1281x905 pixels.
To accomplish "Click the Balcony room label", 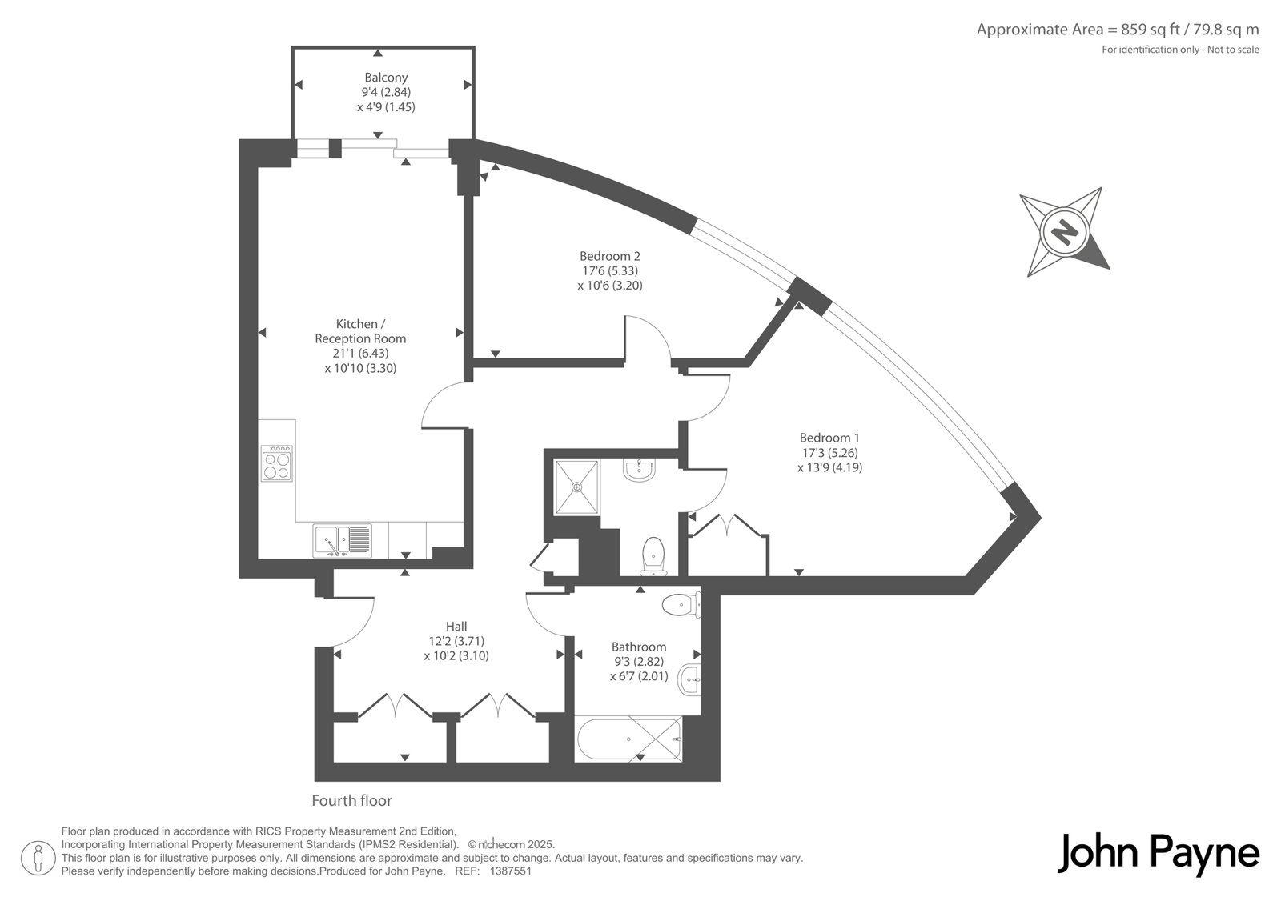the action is click(x=386, y=77).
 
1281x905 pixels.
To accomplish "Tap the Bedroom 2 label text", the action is click(x=609, y=256).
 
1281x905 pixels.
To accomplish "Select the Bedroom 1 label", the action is click(x=829, y=438).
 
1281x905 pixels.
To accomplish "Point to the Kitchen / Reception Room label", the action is click(x=360, y=331).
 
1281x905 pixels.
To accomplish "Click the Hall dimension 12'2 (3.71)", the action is click(x=456, y=641).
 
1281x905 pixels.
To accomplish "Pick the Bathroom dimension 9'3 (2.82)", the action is click(x=639, y=662).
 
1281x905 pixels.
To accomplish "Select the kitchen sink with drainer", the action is click(x=343, y=541).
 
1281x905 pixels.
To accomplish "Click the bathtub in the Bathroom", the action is click(x=629, y=739).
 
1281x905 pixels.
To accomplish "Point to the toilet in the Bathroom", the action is click(x=681, y=605).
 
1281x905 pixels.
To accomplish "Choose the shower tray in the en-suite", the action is click(x=577, y=487).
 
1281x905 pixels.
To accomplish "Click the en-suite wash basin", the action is click(x=640, y=470).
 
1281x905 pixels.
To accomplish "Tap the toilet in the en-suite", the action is click(x=653, y=555).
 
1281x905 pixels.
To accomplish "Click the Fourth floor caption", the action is click(x=351, y=800).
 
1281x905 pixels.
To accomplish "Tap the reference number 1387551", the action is click(x=511, y=871).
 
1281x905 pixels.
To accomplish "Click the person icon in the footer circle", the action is click(x=38, y=858).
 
